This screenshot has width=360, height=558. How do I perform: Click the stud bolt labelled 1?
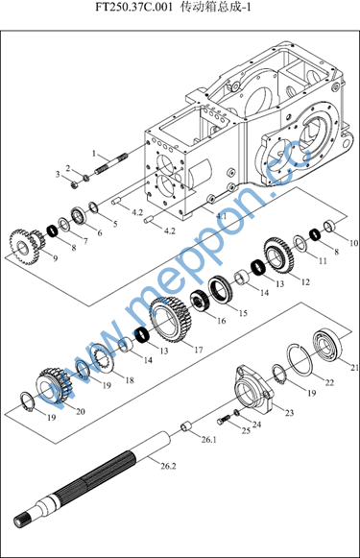[x=111, y=163]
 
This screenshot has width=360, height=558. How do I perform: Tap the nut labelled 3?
[x=74, y=184]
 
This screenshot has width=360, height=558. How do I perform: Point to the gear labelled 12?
[x=278, y=255]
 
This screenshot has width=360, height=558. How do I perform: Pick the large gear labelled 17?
[x=170, y=320]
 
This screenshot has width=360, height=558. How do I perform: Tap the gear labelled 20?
[x=55, y=385]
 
